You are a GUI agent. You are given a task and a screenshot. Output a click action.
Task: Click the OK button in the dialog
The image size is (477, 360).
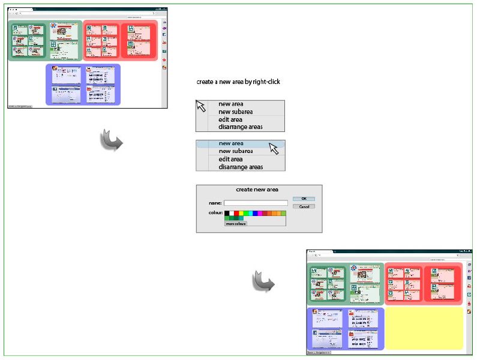304,199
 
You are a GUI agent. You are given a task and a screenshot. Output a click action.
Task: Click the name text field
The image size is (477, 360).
255,203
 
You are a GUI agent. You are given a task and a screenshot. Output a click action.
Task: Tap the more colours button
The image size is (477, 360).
236,224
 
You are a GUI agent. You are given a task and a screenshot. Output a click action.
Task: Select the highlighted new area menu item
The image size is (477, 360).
231,143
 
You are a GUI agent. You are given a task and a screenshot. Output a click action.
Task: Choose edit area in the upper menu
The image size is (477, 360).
230,119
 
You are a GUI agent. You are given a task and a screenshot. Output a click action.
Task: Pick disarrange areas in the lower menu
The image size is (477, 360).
240,167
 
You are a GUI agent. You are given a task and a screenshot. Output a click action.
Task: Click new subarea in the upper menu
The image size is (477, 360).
235,112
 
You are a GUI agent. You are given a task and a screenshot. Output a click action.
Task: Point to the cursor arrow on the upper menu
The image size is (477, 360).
201,106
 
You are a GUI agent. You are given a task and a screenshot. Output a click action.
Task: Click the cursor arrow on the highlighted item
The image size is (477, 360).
274,148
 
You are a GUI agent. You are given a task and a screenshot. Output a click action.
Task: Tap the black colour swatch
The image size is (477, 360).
227,213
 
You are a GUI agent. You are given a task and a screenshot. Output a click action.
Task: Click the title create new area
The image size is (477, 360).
257,190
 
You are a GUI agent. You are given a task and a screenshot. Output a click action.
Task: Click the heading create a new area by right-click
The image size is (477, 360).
238,82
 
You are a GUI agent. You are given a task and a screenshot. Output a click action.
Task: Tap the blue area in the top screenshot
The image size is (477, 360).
83,85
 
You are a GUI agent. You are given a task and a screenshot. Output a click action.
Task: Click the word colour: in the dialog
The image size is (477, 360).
216,212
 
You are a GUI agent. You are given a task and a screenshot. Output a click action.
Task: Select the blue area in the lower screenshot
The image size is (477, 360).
345,328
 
